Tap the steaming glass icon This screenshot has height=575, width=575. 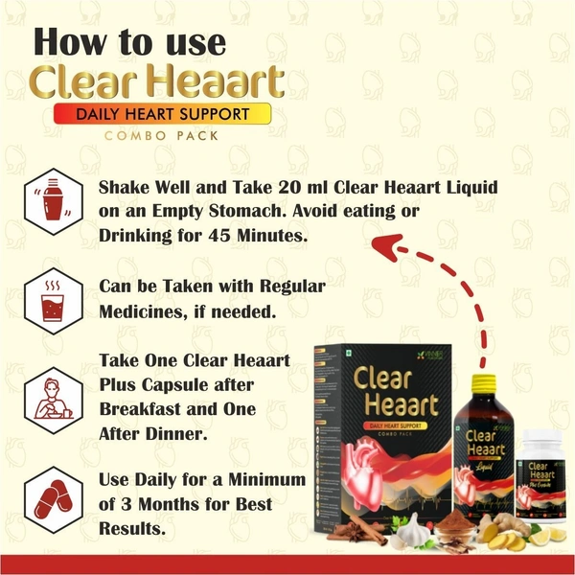(x=46, y=300)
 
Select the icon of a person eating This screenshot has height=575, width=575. (x=46, y=397)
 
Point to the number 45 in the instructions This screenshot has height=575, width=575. (x=209, y=235)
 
